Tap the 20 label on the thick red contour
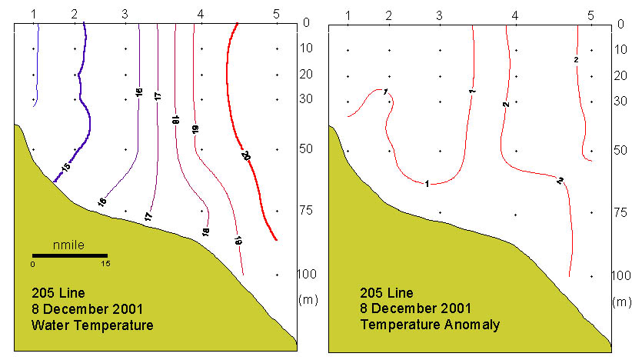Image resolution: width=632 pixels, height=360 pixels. [247, 156]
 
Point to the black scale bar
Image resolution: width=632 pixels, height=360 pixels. [69, 255]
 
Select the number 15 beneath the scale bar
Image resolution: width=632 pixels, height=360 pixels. [105, 263]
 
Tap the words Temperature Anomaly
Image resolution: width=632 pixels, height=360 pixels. [430, 325]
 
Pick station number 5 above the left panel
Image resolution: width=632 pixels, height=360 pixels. [276, 14]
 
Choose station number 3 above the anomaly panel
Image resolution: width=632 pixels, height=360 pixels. [439, 15]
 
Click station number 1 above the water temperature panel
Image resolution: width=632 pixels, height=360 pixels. [34, 14]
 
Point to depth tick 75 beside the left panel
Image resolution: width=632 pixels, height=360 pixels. [311, 212]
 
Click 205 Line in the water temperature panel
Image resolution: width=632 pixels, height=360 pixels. [55, 293]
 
